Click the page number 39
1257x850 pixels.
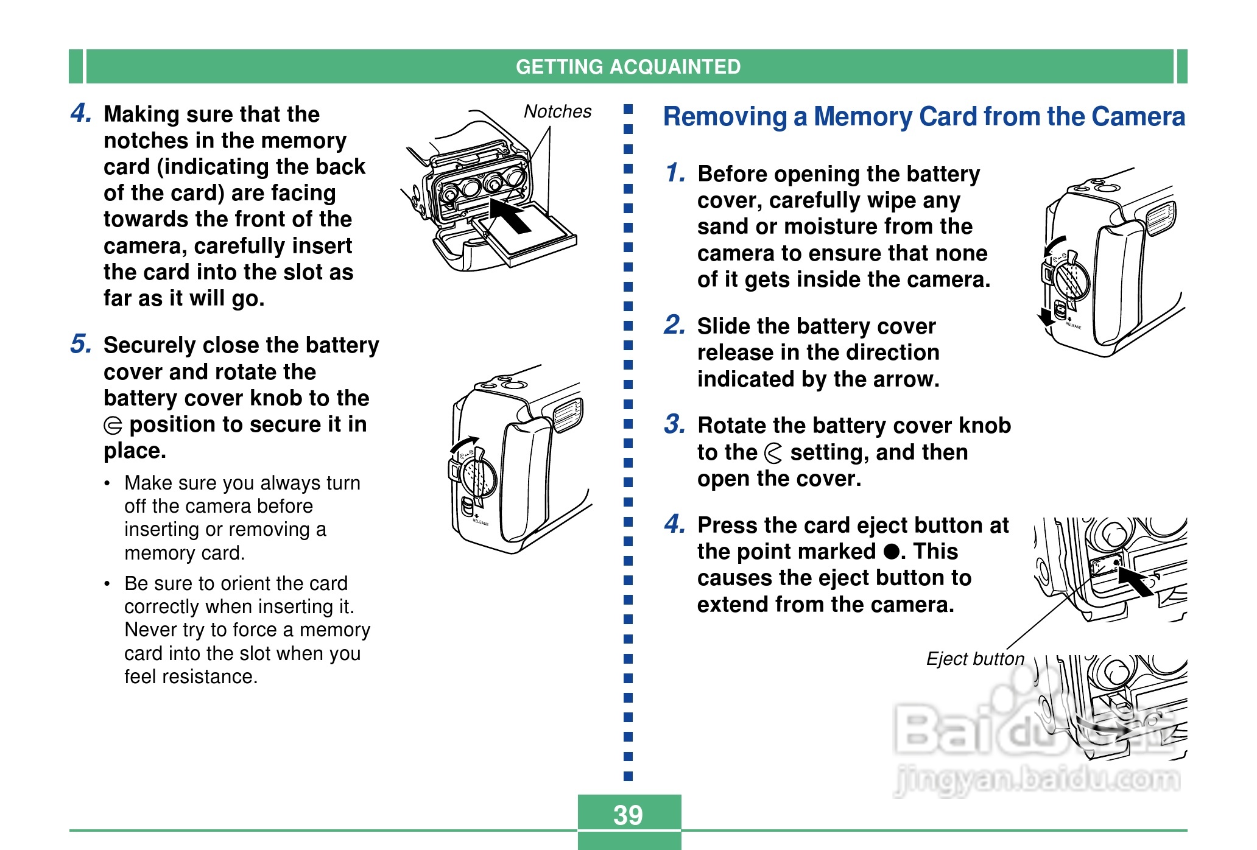click(x=628, y=815)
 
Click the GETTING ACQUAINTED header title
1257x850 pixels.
click(x=628, y=66)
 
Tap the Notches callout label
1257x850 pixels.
click(x=557, y=111)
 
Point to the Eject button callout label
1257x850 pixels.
click(x=975, y=659)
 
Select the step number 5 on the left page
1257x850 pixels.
click(x=81, y=344)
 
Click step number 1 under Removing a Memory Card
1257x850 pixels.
click(x=675, y=173)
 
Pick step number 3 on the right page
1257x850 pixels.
click(x=675, y=424)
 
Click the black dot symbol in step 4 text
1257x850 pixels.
click(x=892, y=552)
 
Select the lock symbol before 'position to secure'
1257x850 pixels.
click(x=113, y=425)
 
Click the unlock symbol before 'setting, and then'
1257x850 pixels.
click(x=773, y=453)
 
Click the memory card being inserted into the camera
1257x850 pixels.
click(x=530, y=237)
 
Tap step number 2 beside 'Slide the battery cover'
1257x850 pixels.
click(x=675, y=325)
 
